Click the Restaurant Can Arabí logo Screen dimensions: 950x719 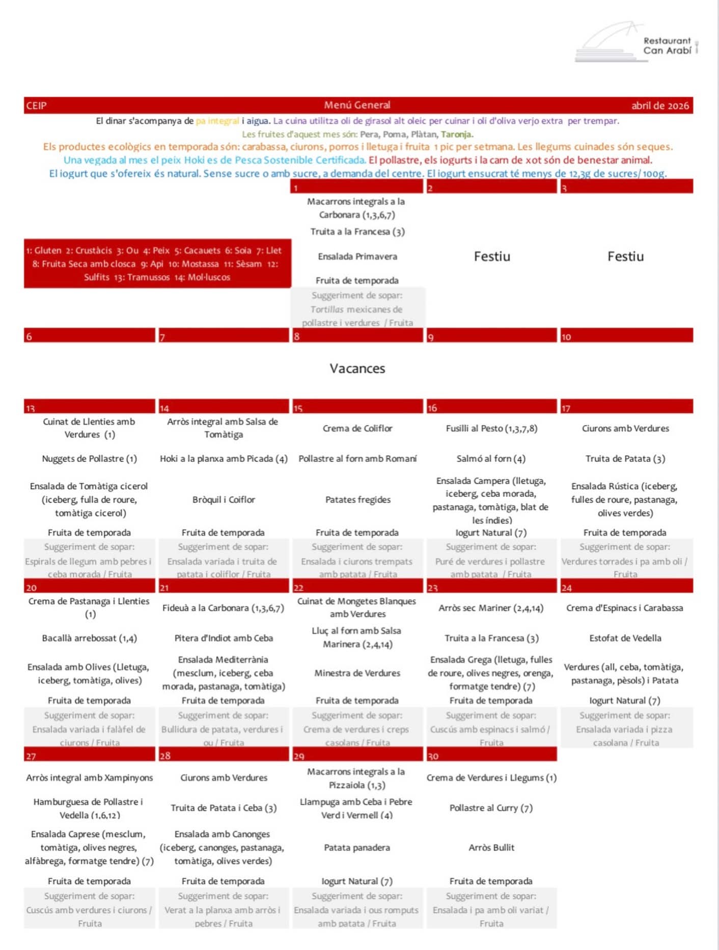click(637, 43)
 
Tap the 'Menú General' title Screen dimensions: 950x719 click(357, 105)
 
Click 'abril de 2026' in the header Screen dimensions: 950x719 click(659, 106)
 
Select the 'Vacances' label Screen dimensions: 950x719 click(357, 368)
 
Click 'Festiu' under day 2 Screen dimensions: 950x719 click(491, 256)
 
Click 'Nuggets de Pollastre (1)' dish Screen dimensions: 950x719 click(89, 459)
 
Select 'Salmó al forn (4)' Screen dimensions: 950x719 click(491, 459)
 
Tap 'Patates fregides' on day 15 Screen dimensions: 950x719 click(357, 499)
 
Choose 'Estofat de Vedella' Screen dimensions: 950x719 click(625, 638)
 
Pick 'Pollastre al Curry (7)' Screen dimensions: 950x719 click(491, 808)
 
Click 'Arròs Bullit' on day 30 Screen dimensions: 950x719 click(491, 848)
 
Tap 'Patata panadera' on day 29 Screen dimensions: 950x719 click(357, 848)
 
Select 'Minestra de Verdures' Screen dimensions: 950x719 click(357, 673)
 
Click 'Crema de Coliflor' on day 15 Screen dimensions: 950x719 click(357, 428)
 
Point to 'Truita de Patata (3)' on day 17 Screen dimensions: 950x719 click(625, 459)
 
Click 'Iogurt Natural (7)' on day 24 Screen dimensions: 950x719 click(625, 701)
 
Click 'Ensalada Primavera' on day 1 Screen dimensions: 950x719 click(357, 257)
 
